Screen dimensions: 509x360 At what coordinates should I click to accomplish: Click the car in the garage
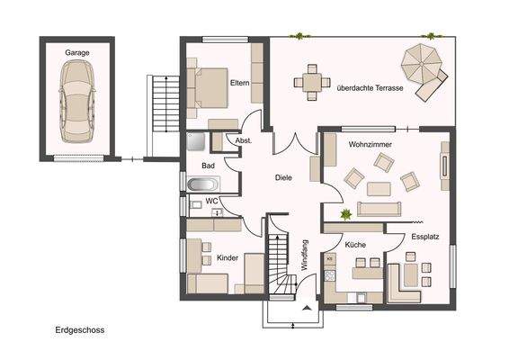point(77,102)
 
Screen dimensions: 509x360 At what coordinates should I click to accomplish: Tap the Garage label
point(77,52)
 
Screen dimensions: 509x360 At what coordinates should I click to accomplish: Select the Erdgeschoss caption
point(80,330)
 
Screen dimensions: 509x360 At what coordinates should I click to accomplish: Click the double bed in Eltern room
point(208,87)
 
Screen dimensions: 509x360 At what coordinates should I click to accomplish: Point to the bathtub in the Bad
point(201,184)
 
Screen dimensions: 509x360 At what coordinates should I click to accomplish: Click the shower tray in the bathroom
point(196,141)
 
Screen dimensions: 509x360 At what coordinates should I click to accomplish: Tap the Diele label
point(283,177)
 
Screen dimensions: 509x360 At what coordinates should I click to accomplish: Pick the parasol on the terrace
point(421,63)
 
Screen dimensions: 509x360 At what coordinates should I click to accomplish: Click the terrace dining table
point(312,82)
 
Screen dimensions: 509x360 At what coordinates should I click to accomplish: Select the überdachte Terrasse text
point(371,88)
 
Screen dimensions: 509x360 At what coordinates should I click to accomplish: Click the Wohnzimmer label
point(371,144)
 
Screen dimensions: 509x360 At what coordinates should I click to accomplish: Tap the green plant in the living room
point(345,214)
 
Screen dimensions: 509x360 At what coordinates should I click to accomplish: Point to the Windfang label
point(305,255)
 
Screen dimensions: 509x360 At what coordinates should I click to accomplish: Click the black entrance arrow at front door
point(307,308)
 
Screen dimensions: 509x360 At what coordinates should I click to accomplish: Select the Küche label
point(355,245)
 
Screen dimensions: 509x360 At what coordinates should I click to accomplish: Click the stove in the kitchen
point(330,276)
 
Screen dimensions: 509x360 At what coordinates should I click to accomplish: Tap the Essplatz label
point(425,237)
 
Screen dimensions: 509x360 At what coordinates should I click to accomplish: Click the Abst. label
point(244,140)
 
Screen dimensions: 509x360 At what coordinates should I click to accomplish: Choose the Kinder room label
point(228,258)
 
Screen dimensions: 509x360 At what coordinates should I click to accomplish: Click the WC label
point(211,201)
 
